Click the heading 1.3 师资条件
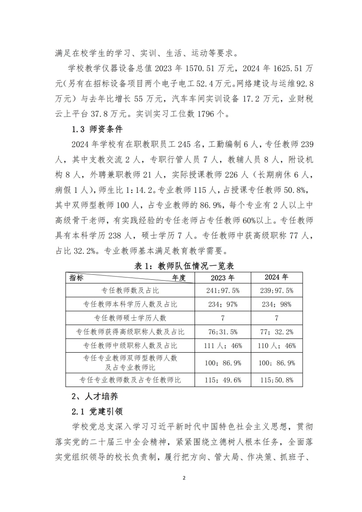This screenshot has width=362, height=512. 91,128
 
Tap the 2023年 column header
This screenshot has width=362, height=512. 223,278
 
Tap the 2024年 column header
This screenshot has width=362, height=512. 276,277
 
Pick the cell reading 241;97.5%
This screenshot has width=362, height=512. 223,291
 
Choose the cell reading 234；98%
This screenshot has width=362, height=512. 276,305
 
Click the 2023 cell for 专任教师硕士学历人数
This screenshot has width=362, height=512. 223,318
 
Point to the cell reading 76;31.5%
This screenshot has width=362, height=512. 223,332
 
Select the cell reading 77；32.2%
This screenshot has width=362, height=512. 276,332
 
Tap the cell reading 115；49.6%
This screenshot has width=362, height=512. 223,380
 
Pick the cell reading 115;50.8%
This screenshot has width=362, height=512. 276,380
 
